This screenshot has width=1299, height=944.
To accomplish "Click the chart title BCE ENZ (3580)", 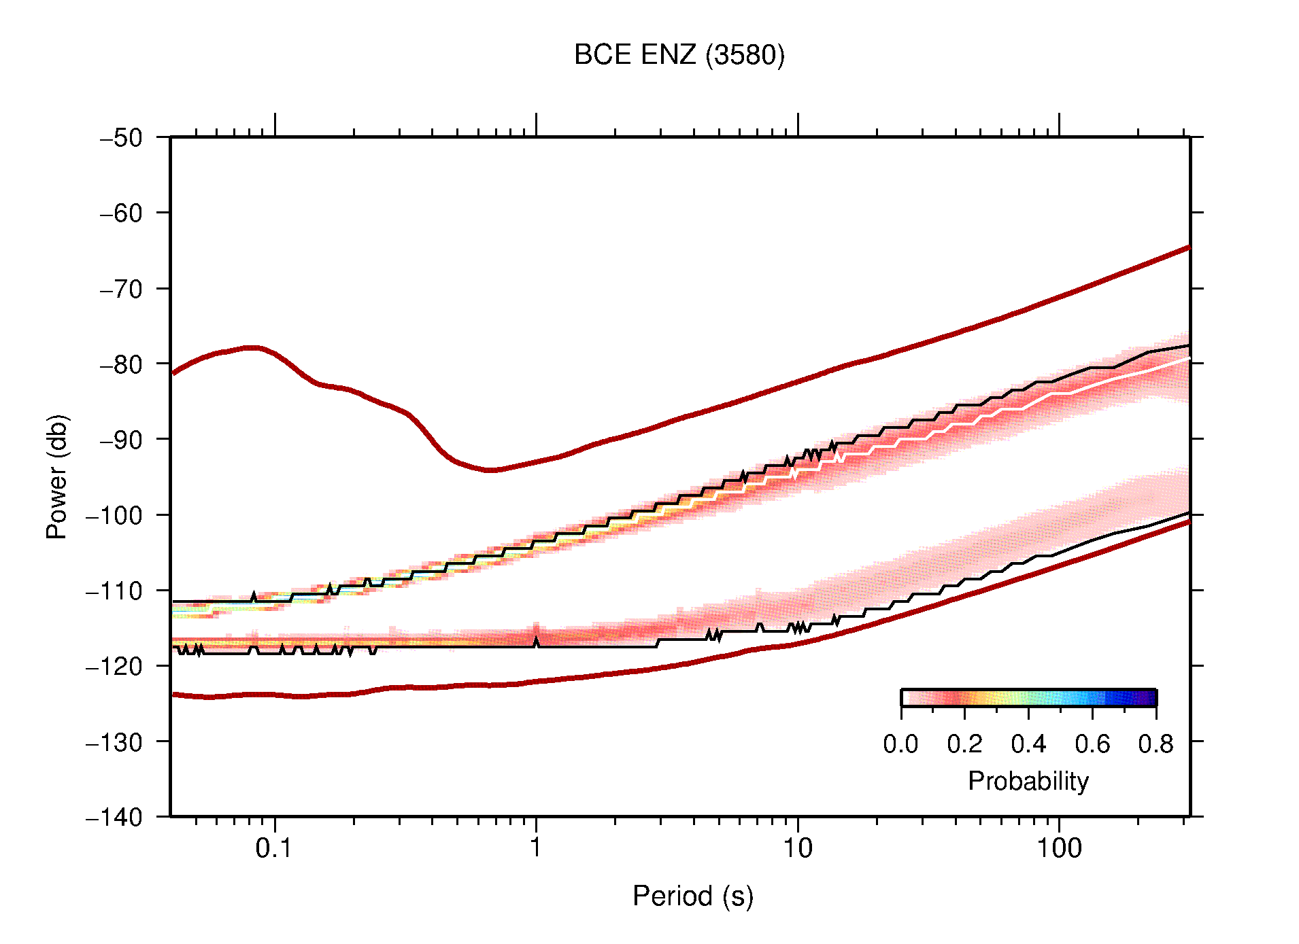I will click(679, 55).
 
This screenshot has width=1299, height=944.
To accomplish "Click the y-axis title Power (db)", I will click(57, 476).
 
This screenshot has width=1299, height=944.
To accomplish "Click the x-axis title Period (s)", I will click(692, 896).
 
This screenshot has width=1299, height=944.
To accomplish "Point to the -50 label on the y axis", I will click(121, 138).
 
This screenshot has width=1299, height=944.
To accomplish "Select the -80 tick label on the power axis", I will click(121, 364).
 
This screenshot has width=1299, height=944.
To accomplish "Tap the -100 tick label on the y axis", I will click(114, 515).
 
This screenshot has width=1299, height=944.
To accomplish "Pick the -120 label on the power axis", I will click(114, 666).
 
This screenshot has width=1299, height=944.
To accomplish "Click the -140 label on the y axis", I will click(114, 817).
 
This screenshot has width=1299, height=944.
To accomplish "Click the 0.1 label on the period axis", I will click(274, 848).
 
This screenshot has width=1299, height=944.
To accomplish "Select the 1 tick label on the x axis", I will click(536, 848).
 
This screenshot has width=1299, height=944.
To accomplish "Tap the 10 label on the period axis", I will click(797, 848).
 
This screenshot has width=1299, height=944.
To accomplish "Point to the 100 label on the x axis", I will click(1058, 848).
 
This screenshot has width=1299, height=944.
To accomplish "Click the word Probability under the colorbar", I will click(1028, 782).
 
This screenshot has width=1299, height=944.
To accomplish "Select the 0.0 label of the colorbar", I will click(900, 744).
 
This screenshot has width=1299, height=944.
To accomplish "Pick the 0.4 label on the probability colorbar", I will click(1028, 744).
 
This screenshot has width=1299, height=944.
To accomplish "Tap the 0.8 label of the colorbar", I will click(1155, 744).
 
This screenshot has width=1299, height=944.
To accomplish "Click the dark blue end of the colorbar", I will click(1149, 698).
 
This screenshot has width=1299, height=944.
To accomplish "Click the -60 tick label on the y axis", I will click(121, 213).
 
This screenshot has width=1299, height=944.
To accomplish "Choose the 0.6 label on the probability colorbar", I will click(1092, 744).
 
